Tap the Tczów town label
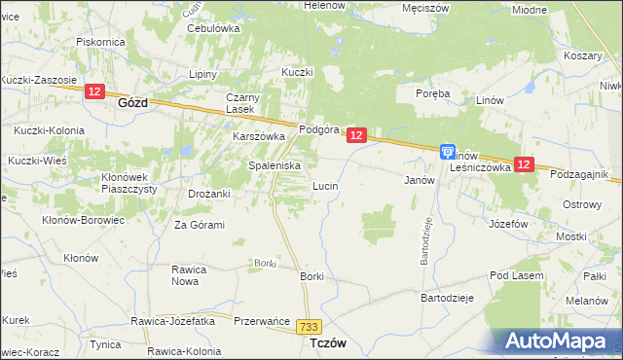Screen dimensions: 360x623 point(328,344)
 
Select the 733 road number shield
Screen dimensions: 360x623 point(311,328)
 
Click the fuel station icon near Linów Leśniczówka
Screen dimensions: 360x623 point(447,152)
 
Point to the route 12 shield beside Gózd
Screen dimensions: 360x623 point(93,91)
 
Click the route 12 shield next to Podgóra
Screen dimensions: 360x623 point(356,136)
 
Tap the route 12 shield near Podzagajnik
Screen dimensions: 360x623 point(524,165)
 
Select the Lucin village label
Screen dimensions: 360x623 point(324,185)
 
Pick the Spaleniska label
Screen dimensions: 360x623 point(273,165)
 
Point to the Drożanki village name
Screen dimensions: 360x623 point(208,194)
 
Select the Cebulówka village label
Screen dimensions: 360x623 point(213,28)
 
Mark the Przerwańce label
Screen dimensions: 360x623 point(263,319)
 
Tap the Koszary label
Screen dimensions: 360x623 point(582,55)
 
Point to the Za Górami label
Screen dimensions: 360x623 point(200,225)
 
